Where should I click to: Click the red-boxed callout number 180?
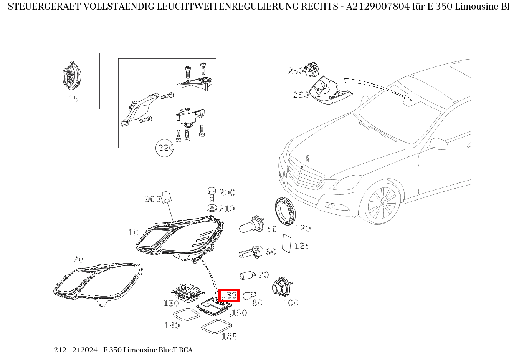point(229,295)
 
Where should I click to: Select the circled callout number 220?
point(165,148)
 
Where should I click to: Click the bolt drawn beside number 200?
point(211,194)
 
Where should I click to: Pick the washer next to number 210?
point(211,209)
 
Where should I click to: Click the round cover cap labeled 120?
point(286,211)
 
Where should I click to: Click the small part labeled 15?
point(71,75)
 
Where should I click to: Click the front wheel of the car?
point(382,204)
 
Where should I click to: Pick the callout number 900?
point(152,199)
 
